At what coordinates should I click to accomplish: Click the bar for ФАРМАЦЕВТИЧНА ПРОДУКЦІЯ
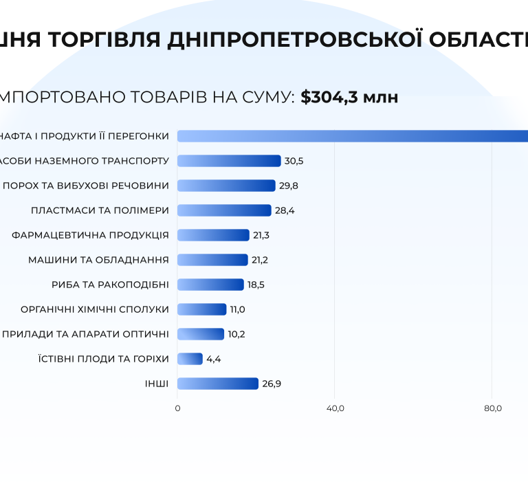tap(213, 235)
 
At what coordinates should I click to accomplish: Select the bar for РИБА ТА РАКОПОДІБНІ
tap(210, 285)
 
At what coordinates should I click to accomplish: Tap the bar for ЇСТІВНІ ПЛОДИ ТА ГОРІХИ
tap(190, 359)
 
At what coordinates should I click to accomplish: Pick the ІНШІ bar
tap(218, 384)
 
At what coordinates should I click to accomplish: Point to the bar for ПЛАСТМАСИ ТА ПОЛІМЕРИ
tap(224, 210)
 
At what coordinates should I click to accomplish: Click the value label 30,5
tap(294, 161)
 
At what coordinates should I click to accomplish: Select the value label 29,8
tap(289, 186)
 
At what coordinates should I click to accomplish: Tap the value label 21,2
tap(261, 260)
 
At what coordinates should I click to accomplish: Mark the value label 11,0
tap(237, 309)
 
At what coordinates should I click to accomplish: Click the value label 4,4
tap(214, 359)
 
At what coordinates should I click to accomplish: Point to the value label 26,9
tap(272, 384)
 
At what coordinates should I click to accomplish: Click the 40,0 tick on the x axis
tap(335, 408)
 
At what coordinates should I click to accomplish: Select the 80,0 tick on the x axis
tap(493, 408)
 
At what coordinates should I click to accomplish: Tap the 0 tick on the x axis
tap(177, 408)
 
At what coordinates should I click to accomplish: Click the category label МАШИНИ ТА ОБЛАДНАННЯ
tap(98, 260)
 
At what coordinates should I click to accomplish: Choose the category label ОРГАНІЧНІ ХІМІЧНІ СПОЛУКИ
tap(95, 309)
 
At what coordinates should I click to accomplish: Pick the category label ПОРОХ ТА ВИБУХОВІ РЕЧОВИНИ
tap(85, 186)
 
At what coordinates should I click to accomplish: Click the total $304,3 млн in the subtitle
tap(349, 98)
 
